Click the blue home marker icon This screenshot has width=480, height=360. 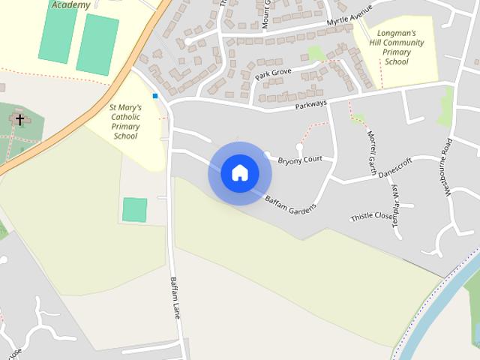239,172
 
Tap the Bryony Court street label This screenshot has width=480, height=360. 300,160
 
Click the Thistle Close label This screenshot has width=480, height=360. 371,217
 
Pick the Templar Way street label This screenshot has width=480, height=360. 397,212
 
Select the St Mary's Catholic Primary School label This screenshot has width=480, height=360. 125,121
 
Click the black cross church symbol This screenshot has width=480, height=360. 19,119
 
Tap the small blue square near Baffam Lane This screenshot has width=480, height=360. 155,96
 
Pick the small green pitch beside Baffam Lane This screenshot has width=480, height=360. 134,209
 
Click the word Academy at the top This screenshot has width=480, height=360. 71,5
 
